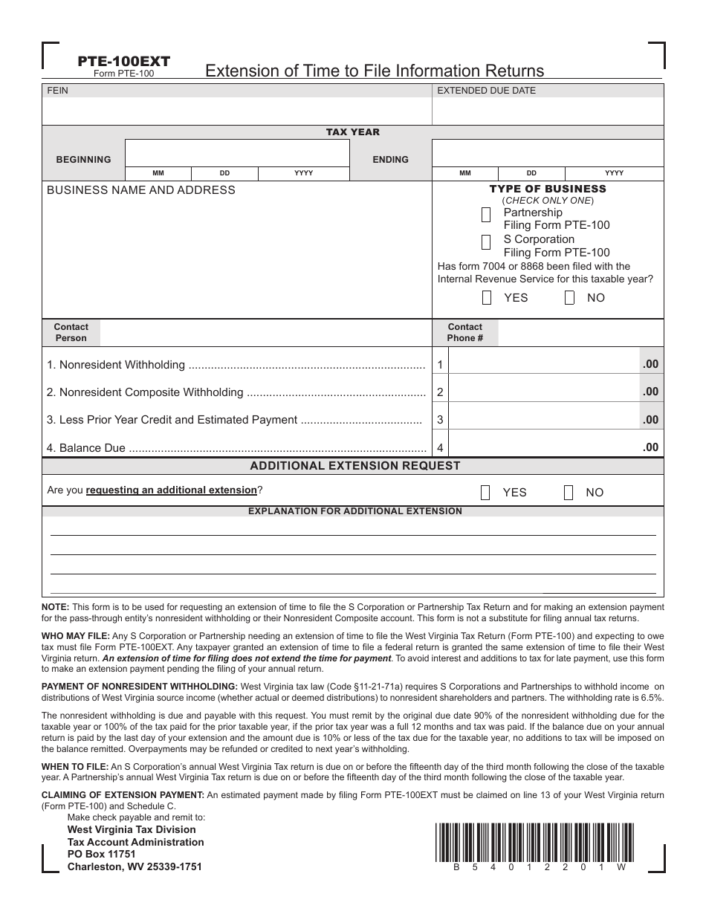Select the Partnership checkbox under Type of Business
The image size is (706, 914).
pos(486,215)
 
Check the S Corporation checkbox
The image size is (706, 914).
pos(486,242)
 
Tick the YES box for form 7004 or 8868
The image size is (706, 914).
pos(487,298)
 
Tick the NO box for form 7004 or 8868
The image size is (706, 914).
pos(569,298)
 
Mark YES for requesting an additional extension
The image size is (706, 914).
pos(485,493)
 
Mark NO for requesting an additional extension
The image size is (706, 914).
pos(569,493)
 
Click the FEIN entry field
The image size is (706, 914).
pos(236,111)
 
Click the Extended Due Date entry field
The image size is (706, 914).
pos(548,111)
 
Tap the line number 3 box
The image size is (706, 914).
pos(440,420)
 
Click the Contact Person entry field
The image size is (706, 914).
pos(265,333)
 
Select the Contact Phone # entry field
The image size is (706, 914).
pos(580,333)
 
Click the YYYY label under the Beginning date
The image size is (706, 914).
pos(303,173)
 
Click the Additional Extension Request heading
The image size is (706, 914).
pos(354,466)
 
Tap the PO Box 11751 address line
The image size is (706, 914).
pos(102,854)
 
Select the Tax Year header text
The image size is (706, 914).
pos(352,132)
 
